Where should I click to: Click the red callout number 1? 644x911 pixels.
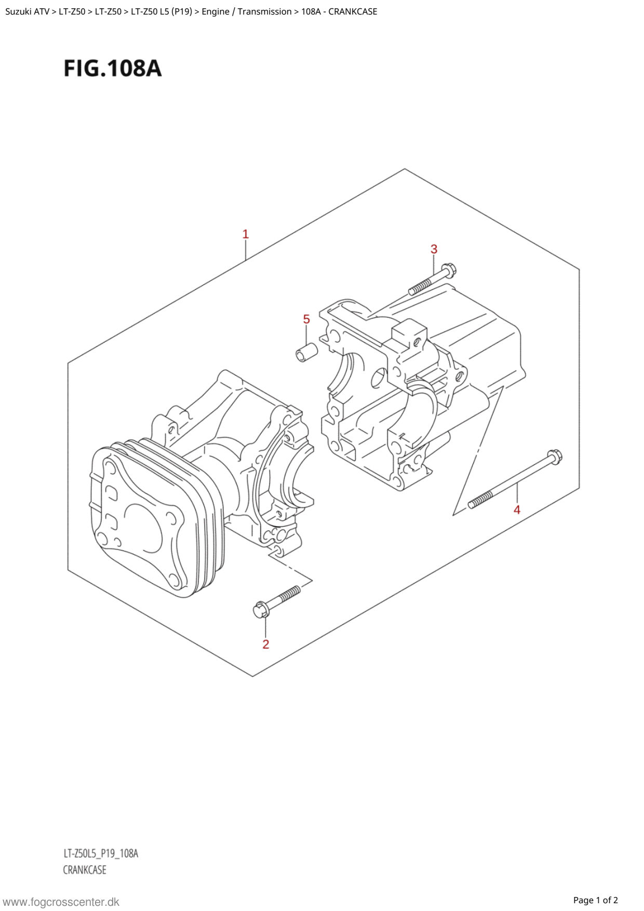[x=246, y=234]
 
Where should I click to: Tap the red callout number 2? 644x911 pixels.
[x=266, y=644]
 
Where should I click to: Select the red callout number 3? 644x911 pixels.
[x=434, y=249]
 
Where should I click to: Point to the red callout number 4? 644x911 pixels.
[x=517, y=510]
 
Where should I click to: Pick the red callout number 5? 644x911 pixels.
[x=306, y=319]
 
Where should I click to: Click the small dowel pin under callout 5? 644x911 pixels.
[x=306, y=353]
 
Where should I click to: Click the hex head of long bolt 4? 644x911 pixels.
[x=555, y=457]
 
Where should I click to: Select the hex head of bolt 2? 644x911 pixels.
[x=261, y=609]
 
